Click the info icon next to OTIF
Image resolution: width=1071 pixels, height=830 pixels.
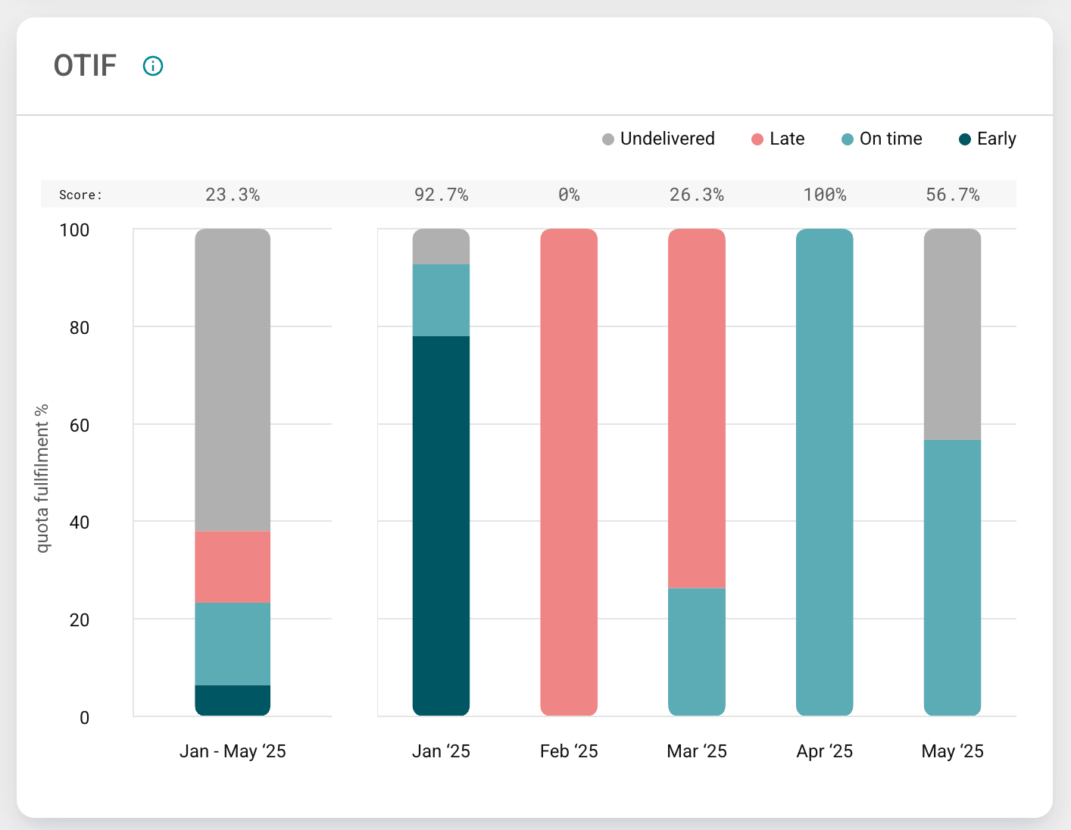(153, 66)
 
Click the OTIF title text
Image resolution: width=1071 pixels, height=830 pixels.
(85, 66)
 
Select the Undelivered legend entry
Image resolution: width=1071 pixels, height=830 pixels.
(658, 139)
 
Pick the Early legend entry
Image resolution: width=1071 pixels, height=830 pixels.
(987, 139)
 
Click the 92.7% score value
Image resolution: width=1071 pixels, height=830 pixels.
(441, 195)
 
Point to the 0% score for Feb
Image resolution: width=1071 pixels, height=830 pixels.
(569, 195)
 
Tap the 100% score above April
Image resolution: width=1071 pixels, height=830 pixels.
(824, 195)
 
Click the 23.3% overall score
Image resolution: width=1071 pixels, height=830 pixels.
(233, 195)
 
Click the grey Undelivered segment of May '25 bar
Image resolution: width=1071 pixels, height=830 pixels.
(952, 334)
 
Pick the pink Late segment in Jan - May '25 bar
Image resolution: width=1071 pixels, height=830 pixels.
(233, 566)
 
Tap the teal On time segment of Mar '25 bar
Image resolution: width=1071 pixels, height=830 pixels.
(696, 651)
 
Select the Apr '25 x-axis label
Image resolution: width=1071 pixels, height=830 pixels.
(824, 751)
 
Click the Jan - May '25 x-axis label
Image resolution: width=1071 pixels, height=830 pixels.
(233, 751)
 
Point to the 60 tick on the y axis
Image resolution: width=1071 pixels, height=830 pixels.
(79, 425)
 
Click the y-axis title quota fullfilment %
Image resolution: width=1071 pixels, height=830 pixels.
(42, 479)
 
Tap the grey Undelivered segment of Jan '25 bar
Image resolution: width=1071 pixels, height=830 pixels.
(441, 246)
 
